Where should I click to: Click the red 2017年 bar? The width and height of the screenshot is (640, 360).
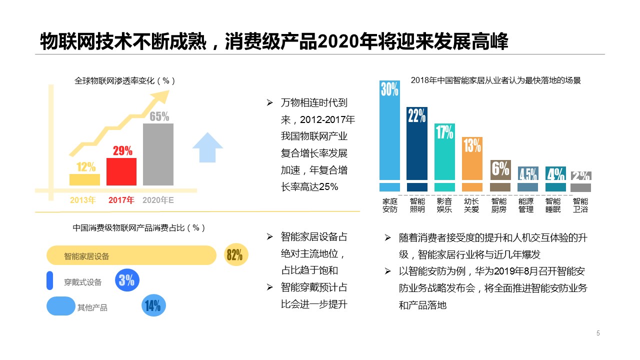click(x=121, y=171)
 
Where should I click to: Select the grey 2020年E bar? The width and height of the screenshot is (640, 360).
click(x=158, y=154)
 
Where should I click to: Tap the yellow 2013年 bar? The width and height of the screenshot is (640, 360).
click(x=84, y=179)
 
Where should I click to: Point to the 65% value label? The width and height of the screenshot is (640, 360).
click(x=159, y=116)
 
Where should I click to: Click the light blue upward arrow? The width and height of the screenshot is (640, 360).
click(x=207, y=147)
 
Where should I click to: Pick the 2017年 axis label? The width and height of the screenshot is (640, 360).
click(x=121, y=200)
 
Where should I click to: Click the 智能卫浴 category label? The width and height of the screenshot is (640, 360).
click(x=580, y=205)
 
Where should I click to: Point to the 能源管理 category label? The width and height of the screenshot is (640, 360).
click(x=526, y=205)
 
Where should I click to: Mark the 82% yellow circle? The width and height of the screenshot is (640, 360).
click(x=234, y=255)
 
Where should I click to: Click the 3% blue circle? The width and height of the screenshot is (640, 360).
click(x=127, y=280)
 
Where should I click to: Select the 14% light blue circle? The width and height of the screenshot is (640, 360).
click(x=152, y=305)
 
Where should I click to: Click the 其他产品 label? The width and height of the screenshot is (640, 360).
click(x=92, y=307)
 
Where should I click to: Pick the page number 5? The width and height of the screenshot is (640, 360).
click(x=598, y=333)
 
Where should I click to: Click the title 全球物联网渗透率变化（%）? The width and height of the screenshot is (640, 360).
click(x=125, y=80)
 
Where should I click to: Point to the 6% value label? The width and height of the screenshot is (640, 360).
click(x=500, y=169)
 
